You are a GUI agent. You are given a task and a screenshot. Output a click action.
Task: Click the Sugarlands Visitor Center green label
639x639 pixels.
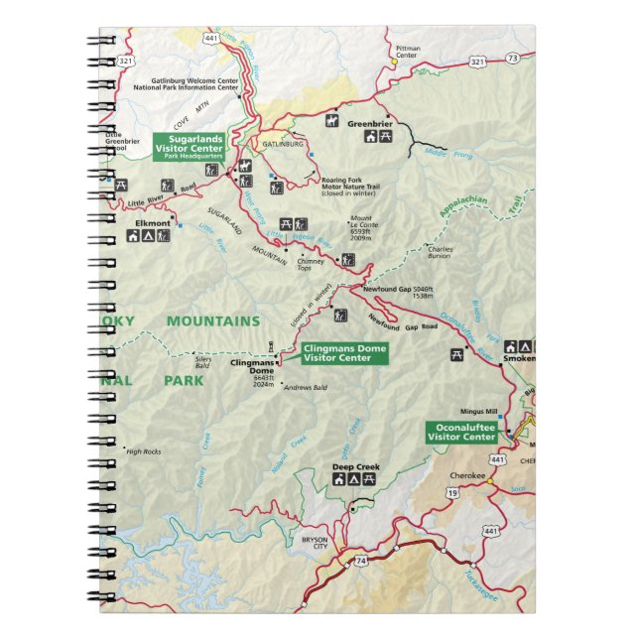189,146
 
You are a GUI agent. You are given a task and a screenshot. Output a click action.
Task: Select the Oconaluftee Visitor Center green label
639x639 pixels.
461,432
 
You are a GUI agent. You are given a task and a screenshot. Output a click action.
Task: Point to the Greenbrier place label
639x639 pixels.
370,123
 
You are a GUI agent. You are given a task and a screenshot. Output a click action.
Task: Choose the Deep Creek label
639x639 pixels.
355,466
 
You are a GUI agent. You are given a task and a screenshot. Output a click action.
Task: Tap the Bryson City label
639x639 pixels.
314,543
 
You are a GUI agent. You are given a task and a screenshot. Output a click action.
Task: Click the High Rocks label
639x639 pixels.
144,450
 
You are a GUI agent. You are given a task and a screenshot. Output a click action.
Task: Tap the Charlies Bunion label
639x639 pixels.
440,251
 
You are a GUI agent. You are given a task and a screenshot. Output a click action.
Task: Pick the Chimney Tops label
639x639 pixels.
311,264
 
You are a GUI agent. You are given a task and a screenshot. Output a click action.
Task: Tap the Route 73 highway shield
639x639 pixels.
512,59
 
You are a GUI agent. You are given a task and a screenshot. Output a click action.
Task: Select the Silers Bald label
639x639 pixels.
202,364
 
